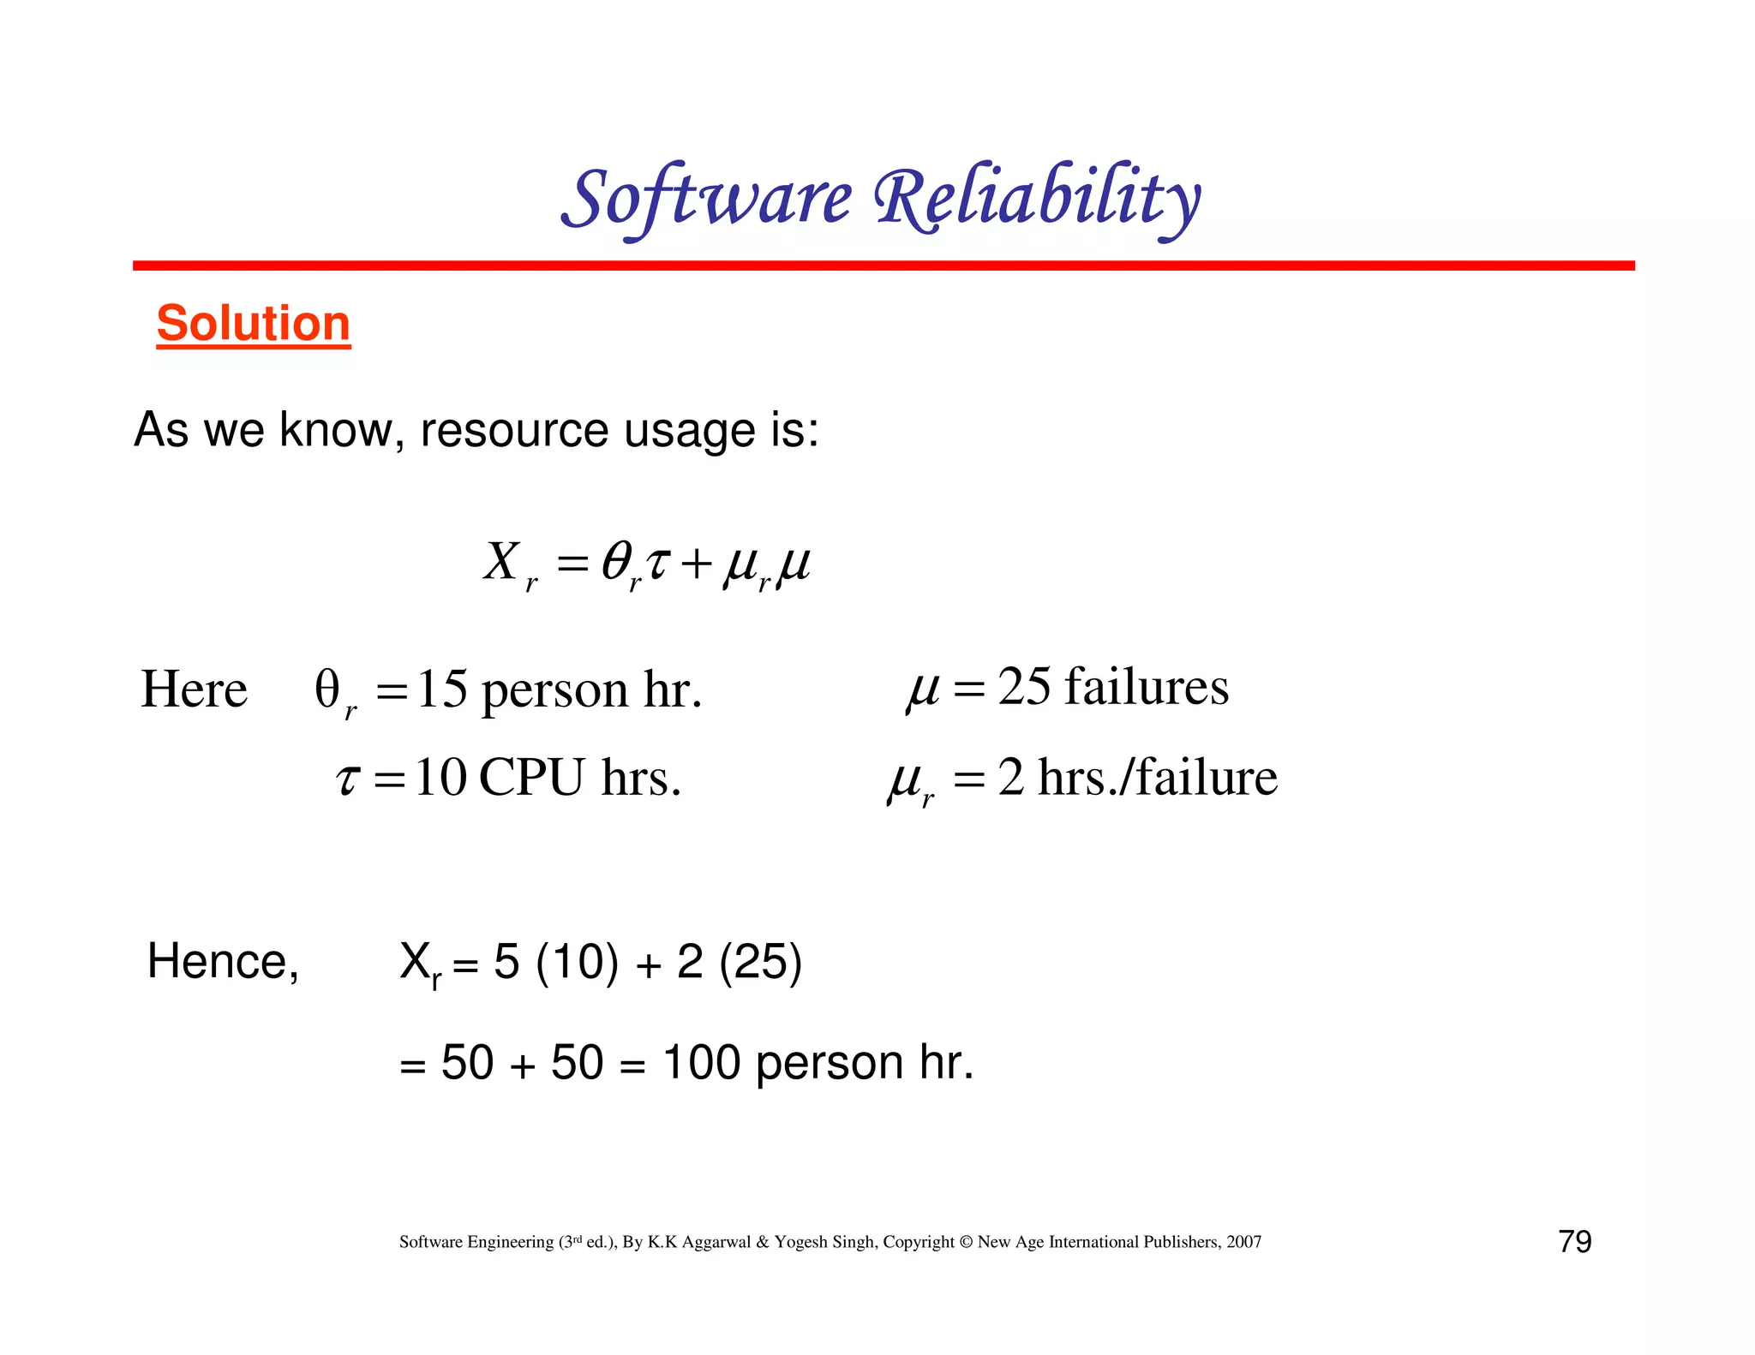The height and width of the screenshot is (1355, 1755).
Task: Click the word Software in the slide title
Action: (707, 199)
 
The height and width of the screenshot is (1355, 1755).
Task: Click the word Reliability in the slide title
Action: (1037, 199)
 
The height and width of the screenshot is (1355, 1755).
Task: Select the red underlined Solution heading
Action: (254, 324)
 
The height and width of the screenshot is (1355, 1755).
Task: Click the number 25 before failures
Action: (1024, 687)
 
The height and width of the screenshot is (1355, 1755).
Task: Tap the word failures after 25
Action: (1147, 687)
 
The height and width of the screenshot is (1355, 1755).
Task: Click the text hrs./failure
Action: (1157, 778)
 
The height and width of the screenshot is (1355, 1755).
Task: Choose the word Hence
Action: (223, 961)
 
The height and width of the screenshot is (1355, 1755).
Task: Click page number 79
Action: (1575, 1241)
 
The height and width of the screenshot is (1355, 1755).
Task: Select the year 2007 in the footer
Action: (1243, 1242)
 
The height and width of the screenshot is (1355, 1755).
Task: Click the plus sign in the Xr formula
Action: (696, 565)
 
